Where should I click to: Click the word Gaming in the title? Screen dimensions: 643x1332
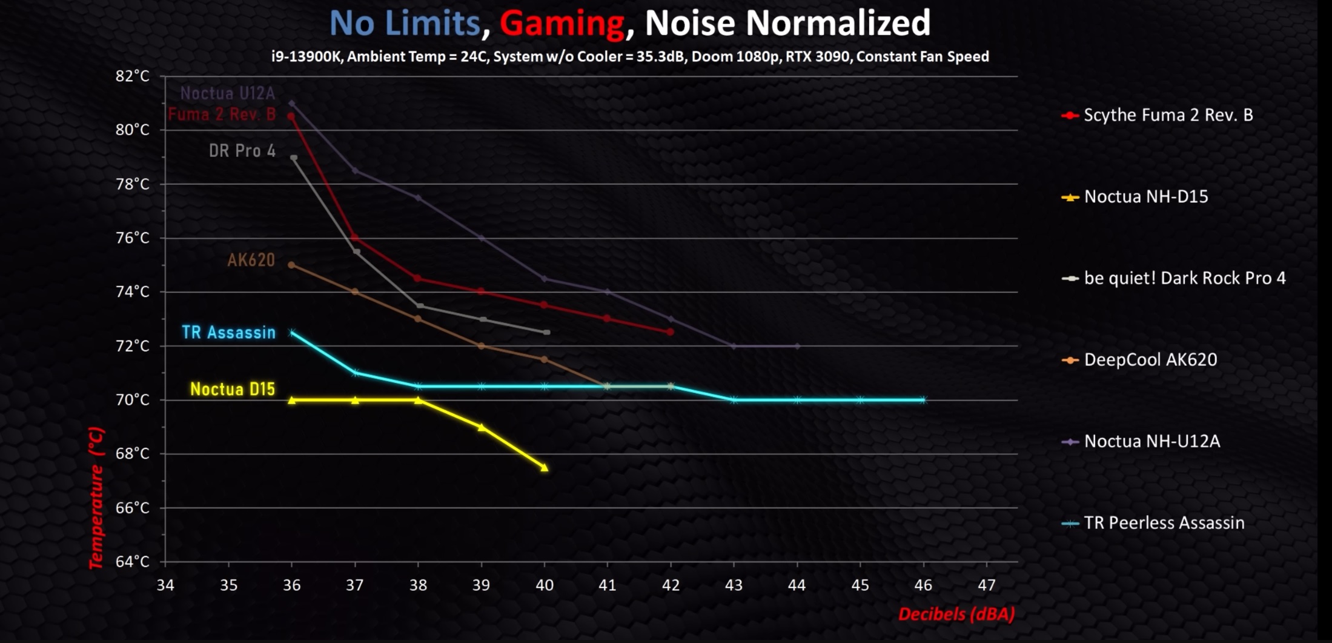click(562, 24)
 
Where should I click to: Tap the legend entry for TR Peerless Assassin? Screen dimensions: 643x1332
click(1163, 523)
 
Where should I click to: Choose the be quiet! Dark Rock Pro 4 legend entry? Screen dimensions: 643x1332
click(1184, 278)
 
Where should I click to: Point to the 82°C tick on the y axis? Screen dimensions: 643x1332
click(132, 76)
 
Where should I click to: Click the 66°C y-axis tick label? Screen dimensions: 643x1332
click(132, 508)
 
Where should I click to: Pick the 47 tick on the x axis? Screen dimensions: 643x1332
click(986, 585)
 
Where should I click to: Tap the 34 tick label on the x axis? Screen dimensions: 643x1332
click(165, 585)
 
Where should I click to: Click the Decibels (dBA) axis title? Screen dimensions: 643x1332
click(956, 615)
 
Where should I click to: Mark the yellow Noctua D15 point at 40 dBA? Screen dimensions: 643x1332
click(544, 467)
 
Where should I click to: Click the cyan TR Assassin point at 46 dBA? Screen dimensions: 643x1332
click(923, 400)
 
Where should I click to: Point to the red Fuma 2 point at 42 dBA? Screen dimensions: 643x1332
click(670, 332)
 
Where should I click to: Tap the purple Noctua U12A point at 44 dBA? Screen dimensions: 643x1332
click(797, 347)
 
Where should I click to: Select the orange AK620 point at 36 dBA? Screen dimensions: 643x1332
click(291, 265)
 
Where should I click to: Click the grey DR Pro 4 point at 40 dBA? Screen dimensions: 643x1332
click(546, 332)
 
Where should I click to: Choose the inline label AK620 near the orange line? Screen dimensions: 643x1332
click(251, 261)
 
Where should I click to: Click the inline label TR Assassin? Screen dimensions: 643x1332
click(228, 333)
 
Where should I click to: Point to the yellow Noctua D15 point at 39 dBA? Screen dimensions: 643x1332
click(481, 427)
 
